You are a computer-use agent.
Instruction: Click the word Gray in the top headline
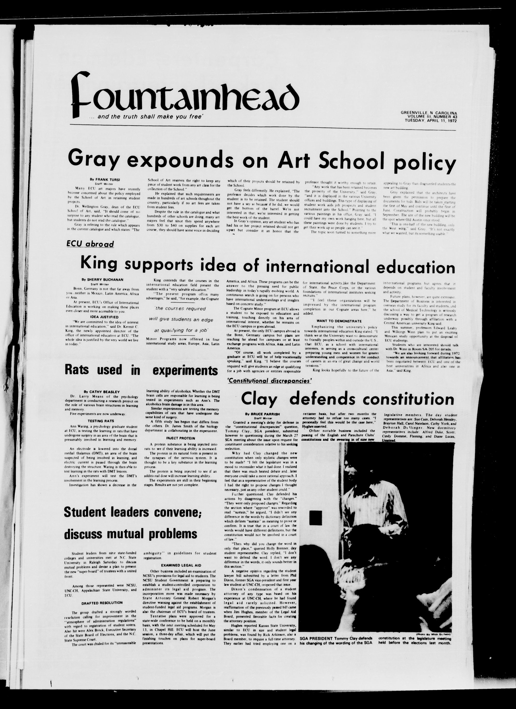pos(94,159)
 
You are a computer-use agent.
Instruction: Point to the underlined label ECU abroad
pos(90,244)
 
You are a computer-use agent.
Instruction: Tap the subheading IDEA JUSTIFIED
pos(100,317)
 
